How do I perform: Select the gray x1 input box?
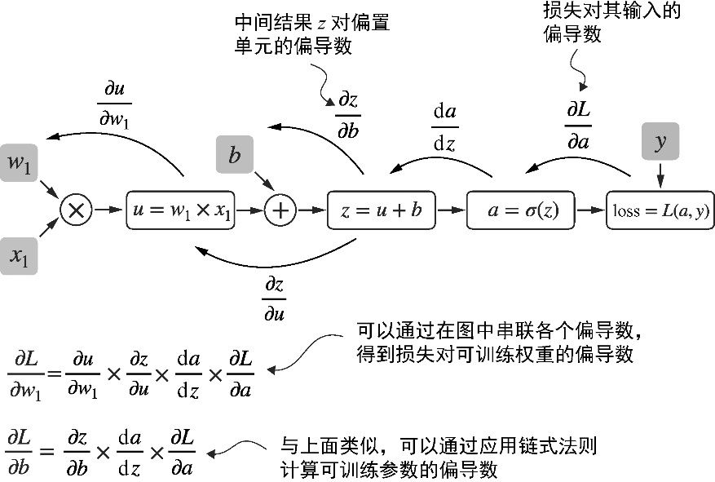(x=20, y=256)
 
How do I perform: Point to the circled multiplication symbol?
(x=76, y=210)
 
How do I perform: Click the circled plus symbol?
(x=280, y=210)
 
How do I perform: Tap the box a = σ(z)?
(x=520, y=210)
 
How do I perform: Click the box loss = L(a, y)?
(x=660, y=210)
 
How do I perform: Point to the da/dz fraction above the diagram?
(x=444, y=127)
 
